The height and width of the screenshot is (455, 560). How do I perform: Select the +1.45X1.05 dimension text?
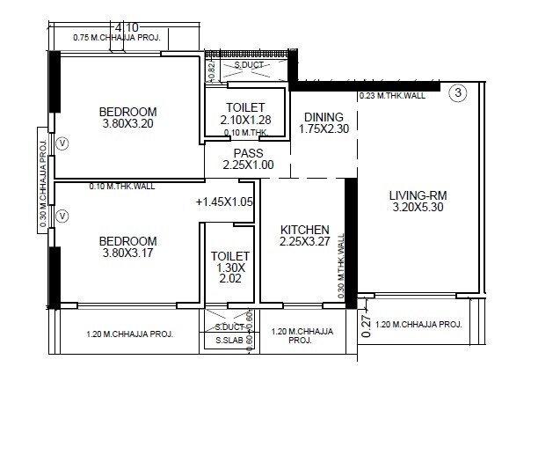tap(224, 202)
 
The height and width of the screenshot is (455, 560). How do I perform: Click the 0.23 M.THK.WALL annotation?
tap(392, 96)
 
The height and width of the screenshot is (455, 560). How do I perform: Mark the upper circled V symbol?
tap(61, 142)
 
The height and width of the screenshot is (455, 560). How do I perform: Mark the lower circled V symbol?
tap(61, 215)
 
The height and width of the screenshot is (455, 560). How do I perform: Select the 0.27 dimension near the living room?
tap(367, 325)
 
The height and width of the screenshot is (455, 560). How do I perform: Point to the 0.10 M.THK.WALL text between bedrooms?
tap(122, 187)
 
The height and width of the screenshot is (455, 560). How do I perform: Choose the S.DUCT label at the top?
tap(248, 65)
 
